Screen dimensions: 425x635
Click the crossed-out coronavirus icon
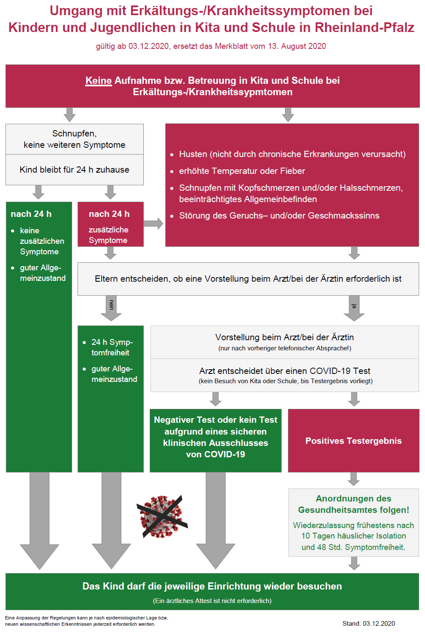point(162,516)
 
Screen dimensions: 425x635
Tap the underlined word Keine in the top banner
point(99,80)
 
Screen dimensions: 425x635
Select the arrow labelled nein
point(111,308)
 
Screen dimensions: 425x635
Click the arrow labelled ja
point(354,308)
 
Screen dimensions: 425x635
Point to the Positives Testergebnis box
point(353,440)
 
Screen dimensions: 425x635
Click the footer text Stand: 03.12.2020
point(369,623)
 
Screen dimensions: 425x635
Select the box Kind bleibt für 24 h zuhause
point(75,170)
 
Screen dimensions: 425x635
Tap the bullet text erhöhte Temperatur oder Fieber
point(242,171)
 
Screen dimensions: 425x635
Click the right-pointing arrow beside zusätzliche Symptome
point(153,224)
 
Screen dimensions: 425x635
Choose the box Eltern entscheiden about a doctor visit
point(248,279)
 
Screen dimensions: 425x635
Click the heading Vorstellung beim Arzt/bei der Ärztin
point(285,337)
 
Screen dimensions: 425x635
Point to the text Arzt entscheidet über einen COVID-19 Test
point(285,371)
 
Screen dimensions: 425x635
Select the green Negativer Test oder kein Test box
point(215,440)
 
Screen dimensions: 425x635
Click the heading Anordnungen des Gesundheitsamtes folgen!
point(353,504)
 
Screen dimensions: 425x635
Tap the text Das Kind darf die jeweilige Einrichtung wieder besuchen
point(212,586)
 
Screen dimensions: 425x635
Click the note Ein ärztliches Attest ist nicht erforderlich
point(212,601)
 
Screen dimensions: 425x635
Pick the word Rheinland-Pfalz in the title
point(365,27)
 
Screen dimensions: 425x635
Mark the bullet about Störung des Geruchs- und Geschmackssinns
point(279,216)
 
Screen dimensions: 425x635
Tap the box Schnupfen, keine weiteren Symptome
point(75,139)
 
